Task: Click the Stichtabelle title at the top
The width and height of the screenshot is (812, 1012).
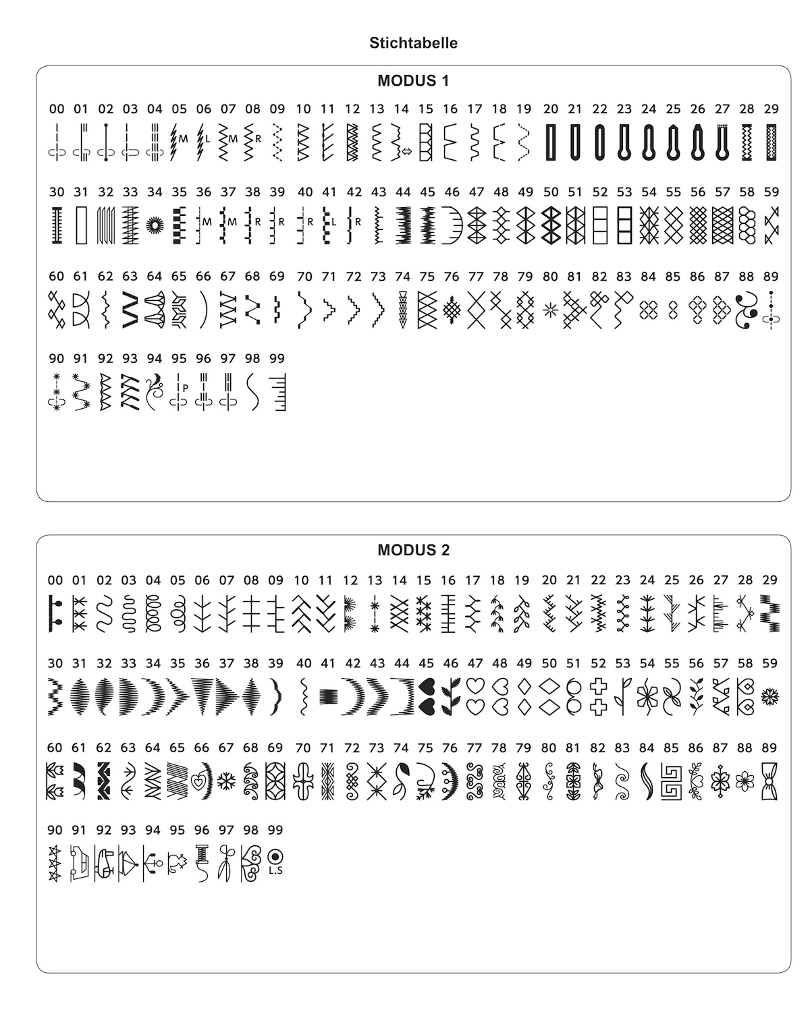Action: coord(413,43)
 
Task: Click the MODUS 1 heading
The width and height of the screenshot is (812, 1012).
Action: coord(413,81)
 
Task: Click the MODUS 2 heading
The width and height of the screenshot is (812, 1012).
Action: coord(413,550)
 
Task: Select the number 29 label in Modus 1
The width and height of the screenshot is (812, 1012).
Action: coord(771,109)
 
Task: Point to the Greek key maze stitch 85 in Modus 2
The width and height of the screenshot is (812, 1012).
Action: coord(671,781)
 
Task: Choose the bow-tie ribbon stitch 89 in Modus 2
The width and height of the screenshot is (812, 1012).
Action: coord(769,781)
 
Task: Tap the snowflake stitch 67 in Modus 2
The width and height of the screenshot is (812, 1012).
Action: coord(226,781)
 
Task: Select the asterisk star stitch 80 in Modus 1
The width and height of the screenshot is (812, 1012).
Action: coord(550,310)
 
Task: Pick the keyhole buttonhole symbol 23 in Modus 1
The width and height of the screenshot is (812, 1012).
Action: coord(624,142)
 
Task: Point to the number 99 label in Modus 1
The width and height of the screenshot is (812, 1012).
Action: coord(277,359)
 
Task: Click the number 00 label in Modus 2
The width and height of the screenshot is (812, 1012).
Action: coord(55,580)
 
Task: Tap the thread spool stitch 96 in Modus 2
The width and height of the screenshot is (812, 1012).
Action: coord(201,864)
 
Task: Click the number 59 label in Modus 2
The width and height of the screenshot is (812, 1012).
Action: coord(770,664)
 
